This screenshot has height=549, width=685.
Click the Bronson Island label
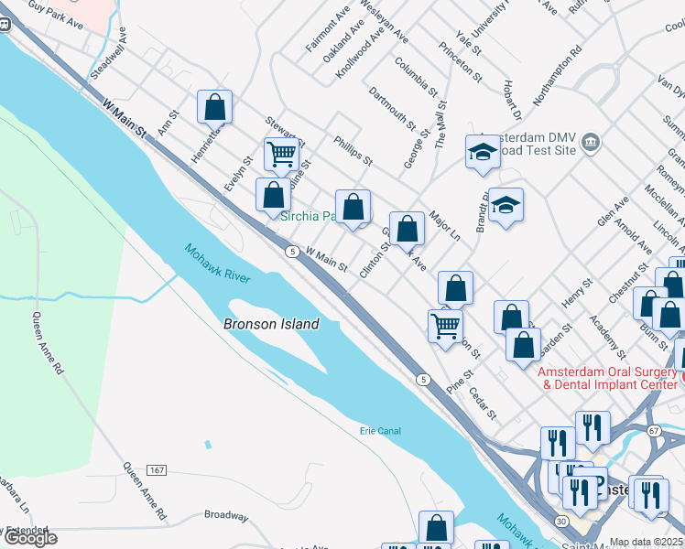tap(272, 324)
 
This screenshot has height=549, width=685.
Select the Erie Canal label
tap(380, 431)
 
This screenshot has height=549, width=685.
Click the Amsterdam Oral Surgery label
tap(608, 378)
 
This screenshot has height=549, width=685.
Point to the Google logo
tap(30, 539)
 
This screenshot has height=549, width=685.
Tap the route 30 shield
tap(560, 520)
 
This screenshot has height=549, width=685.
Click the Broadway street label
tap(225, 515)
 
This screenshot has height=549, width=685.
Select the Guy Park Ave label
tap(55, 16)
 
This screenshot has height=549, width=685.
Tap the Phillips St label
tap(353, 152)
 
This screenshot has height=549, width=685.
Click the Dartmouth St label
tap(392, 106)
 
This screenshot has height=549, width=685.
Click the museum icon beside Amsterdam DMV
tap(590, 141)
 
